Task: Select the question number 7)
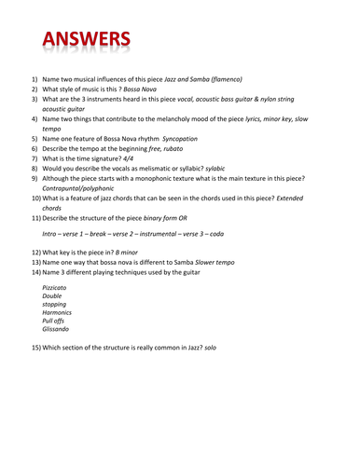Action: coord(35,160)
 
